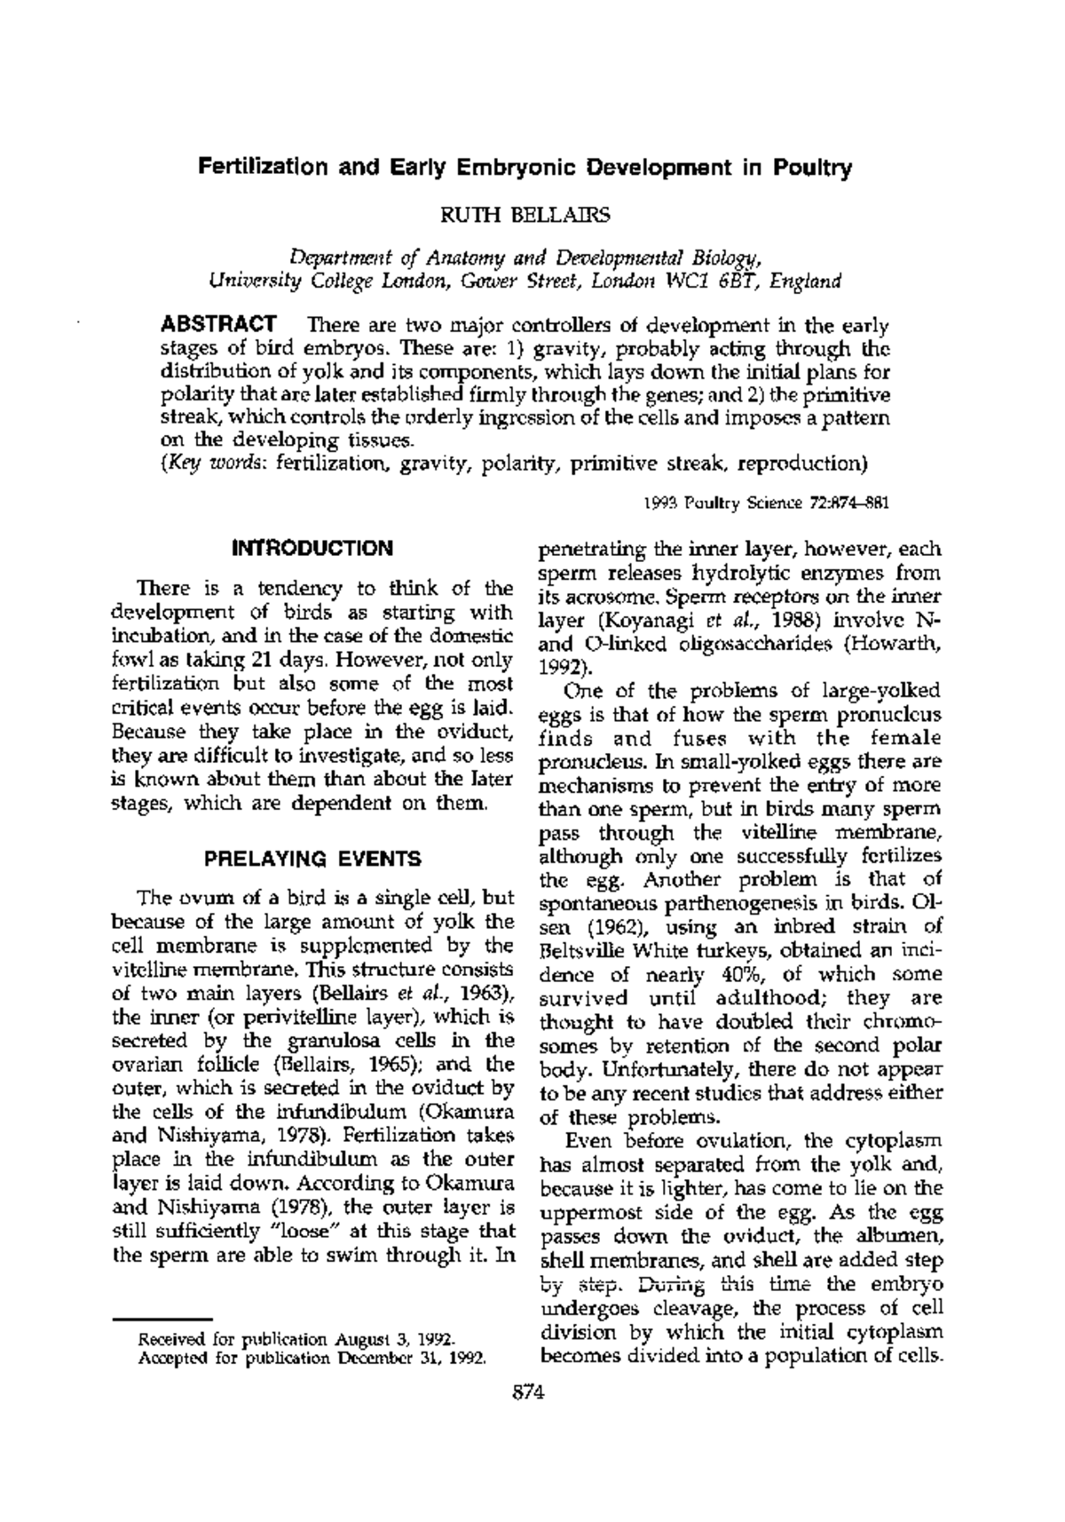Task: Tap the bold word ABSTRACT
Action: (217, 324)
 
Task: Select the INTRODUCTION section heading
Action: (312, 548)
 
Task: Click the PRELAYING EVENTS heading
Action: (312, 859)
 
